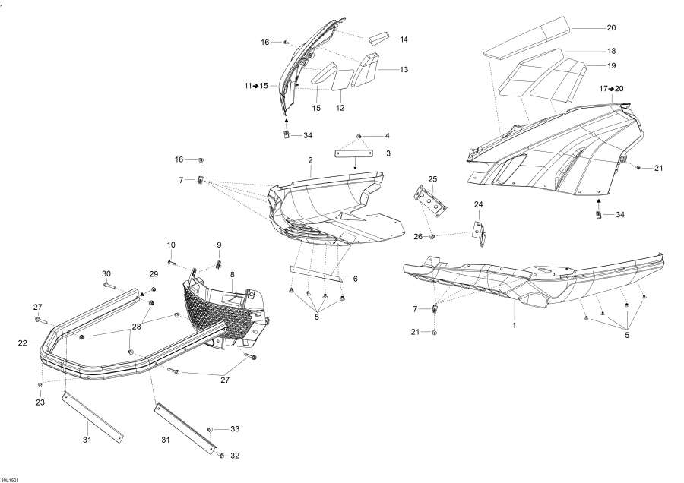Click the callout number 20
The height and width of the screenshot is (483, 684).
pos(611,28)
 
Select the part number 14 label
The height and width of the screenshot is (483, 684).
pos(404,39)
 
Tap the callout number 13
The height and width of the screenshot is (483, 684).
pos(404,69)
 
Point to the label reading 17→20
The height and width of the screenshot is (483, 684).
pos(611,89)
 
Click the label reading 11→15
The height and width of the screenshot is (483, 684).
pos(256,86)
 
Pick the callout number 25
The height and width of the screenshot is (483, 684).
pos(432,179)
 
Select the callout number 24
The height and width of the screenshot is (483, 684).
pos(478,205)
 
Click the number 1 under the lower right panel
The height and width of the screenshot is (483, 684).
pos(514,325)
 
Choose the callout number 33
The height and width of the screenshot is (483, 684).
pos(235,429)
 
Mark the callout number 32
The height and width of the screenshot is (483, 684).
pos(235,456)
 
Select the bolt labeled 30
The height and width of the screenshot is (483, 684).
pos(111,287)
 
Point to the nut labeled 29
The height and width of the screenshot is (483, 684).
pos(154,289)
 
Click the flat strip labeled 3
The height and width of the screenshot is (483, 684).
pos(353,153)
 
